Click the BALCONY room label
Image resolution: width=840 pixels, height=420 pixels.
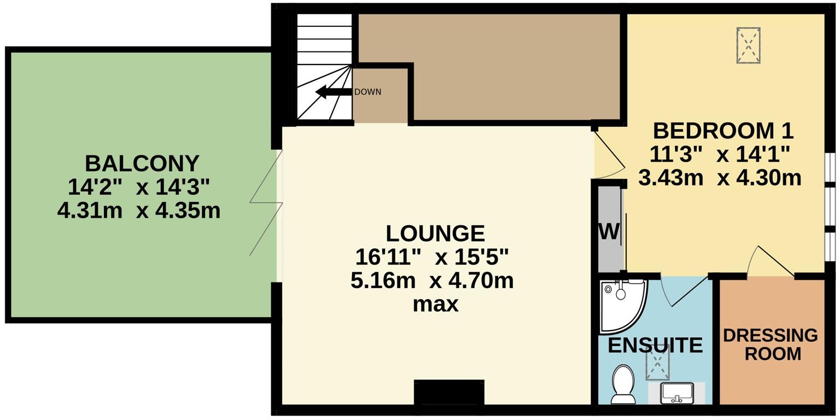[142, 164]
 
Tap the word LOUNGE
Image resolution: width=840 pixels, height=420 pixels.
[435, 234]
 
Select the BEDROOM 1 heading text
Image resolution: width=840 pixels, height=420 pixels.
[723, 131]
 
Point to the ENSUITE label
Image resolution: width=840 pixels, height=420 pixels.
[655, 346]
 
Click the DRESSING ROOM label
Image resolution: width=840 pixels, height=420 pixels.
[771, 345]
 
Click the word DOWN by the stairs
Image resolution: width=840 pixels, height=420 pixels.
[367, 92]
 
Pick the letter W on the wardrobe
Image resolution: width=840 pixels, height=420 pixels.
[609, 232]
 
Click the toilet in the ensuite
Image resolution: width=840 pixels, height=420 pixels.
[622, 383]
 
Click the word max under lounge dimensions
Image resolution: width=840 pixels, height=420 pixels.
[435, 304]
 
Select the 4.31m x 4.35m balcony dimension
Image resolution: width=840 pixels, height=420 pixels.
[139, 211]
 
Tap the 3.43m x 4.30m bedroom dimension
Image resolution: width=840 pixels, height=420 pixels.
[720, 178]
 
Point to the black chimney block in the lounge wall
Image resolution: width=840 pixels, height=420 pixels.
[449, 392]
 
